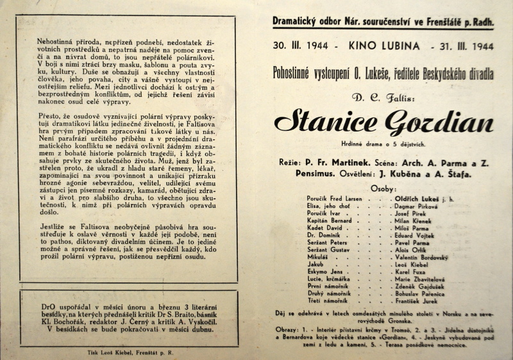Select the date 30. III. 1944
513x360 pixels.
coord(300,47)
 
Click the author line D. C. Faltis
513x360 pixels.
coord(383,96)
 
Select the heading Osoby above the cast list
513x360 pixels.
coord(383,189)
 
